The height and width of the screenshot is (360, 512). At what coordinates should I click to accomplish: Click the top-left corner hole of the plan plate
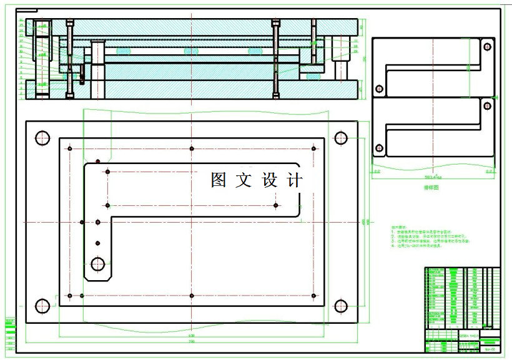pyautogui.click(x=42, y=137)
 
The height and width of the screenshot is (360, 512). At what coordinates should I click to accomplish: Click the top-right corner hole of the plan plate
pyautogui.click(x=341, y=137)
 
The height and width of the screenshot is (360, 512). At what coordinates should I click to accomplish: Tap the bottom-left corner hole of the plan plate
pyautogui.click(x=42, y=306)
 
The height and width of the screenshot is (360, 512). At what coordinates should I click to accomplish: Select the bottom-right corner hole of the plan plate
pyautogui.click(x=341, y=306)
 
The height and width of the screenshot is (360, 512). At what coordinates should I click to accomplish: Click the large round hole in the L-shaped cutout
pyautogui.click(x=98, y=264)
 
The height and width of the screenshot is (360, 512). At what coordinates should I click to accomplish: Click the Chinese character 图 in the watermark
pyautogui.click(x=219, y=180)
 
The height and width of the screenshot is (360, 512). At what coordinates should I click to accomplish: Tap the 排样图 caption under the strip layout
pyautogui.click(x=433, y=187)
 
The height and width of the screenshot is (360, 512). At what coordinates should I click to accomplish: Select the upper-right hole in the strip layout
pyautogui.click(x=487, y=46)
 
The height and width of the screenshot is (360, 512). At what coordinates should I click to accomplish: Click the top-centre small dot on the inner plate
pyautogui.click(x=192, y=148)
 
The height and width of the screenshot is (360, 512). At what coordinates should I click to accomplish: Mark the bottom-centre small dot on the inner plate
pyautogui.click(x=192, y=295)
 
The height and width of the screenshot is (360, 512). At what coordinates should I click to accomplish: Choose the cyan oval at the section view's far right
pyautogui.click(x=313, y=76)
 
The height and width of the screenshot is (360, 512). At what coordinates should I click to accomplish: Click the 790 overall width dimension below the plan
pyautogui.click(x=192, y=341)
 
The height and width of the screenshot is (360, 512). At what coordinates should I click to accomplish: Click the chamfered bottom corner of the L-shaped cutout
pyautogui.click(x=87, y=278)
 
